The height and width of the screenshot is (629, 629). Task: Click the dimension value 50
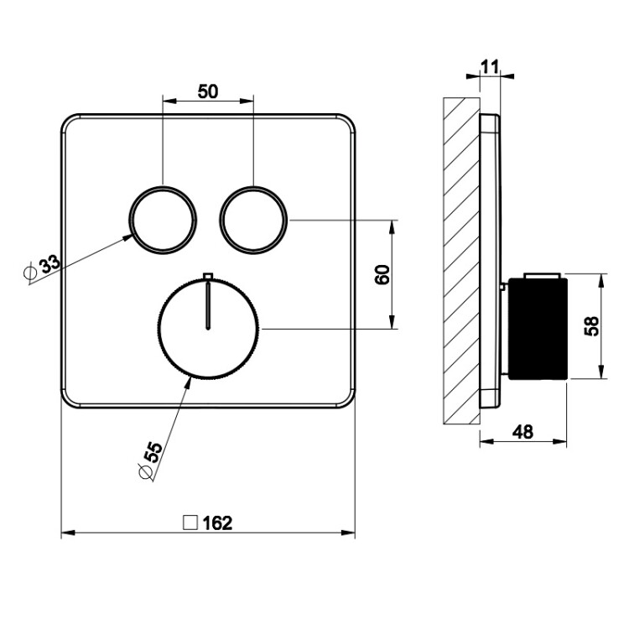click(208, 91)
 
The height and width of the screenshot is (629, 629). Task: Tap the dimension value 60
click(382, 274)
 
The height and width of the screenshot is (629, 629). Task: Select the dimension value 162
click(217, 523)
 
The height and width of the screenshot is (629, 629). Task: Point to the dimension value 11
click(491, 67)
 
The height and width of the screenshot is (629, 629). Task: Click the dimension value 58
click(592, 325)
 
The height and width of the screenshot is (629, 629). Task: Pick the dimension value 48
click(522, 432)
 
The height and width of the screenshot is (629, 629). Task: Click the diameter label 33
click(49, 264)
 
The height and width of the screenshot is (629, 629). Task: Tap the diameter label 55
click(153, 453)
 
